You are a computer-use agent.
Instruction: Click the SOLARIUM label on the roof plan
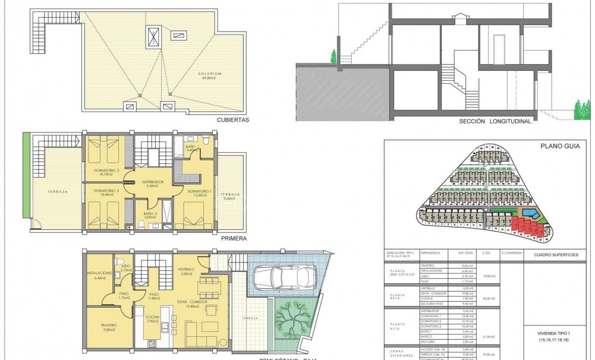(x=210, y=74)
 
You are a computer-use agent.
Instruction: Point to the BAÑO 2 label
(x=150, y=214)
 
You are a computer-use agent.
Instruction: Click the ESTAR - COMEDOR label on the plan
(x=188, y=304)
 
